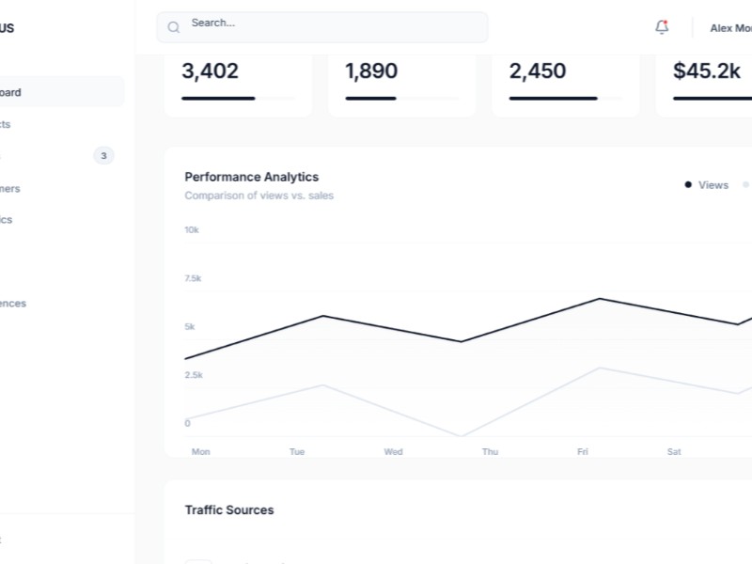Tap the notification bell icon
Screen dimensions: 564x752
click(x=662, y=27)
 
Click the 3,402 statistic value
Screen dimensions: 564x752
click(x=210, y=70)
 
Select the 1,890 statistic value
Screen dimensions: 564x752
click(x=371, y=70)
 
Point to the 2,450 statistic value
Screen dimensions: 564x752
click(x=538, y=70)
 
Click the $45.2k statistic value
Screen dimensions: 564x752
click(x=707, y=70)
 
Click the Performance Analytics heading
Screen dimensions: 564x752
click(x=251, y=177)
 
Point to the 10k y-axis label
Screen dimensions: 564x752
click(x=191, y=230)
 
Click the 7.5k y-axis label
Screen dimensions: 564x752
click(x=193, y=278)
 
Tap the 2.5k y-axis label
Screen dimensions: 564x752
click(x=193, y=375)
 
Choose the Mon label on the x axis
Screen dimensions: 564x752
click(x=200, y=452)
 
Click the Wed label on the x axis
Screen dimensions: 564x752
click(x=393, y=452)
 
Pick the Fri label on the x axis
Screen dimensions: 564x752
click(x=582, y=452)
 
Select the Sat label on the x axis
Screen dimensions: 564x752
click(x=674, y=452)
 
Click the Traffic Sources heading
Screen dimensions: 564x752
click(x=229, y=510)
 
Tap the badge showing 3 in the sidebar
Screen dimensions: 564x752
click(x=103, y=155)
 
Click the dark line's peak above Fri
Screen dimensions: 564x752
click(x=600, y=299)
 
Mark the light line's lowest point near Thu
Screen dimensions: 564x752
click(x=461, y=436)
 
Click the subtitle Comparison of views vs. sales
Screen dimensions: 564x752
click(x=258, y=196)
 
